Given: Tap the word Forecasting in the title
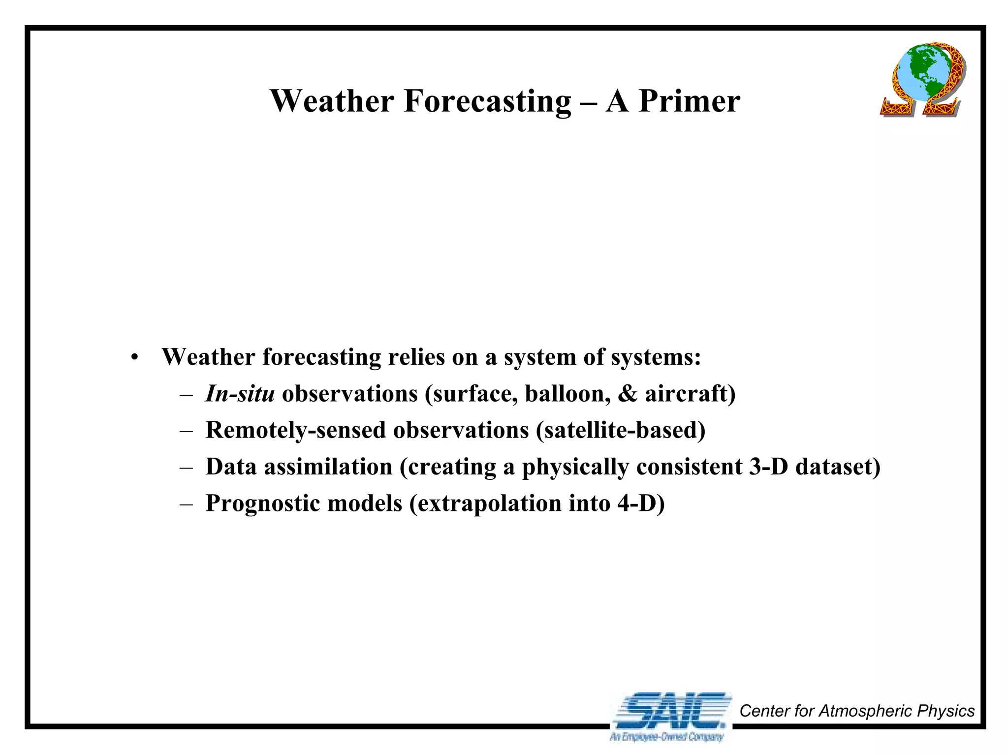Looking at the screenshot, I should coord(487,102).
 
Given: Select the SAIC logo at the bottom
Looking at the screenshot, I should coord(670,710).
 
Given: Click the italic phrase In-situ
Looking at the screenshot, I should coord(240,394).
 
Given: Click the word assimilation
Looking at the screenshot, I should coord(328,467).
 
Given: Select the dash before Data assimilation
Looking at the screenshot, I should coord(187,467).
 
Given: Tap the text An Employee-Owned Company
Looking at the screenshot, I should coord(666,737).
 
